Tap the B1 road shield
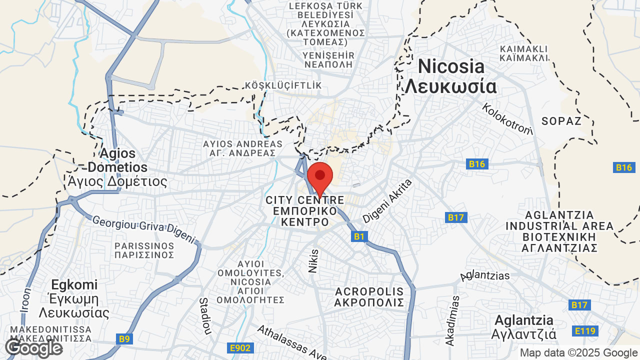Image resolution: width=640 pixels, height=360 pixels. point(359,236)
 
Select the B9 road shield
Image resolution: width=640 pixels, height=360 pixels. point(124,339)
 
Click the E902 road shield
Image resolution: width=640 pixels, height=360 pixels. point(240,347)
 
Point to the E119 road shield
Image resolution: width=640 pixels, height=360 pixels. point(585,330)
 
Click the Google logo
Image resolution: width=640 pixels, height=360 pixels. point(33,348)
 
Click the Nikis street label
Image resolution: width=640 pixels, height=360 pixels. point(313,261)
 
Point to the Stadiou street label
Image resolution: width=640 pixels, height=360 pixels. point(204,316)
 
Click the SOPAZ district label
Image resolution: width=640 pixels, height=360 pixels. point(561,121)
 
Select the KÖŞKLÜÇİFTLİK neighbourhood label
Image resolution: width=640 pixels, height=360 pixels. point(283,85)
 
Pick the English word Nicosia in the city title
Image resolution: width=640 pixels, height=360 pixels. point(451,66)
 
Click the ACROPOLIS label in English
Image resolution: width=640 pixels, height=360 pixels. point(369,291)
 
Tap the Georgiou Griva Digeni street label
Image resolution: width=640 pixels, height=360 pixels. point(144,229)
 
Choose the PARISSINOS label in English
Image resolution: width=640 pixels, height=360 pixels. point(144,246)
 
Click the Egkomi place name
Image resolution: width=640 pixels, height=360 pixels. point(74,285)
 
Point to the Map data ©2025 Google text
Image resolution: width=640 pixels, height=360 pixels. point(578,352)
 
